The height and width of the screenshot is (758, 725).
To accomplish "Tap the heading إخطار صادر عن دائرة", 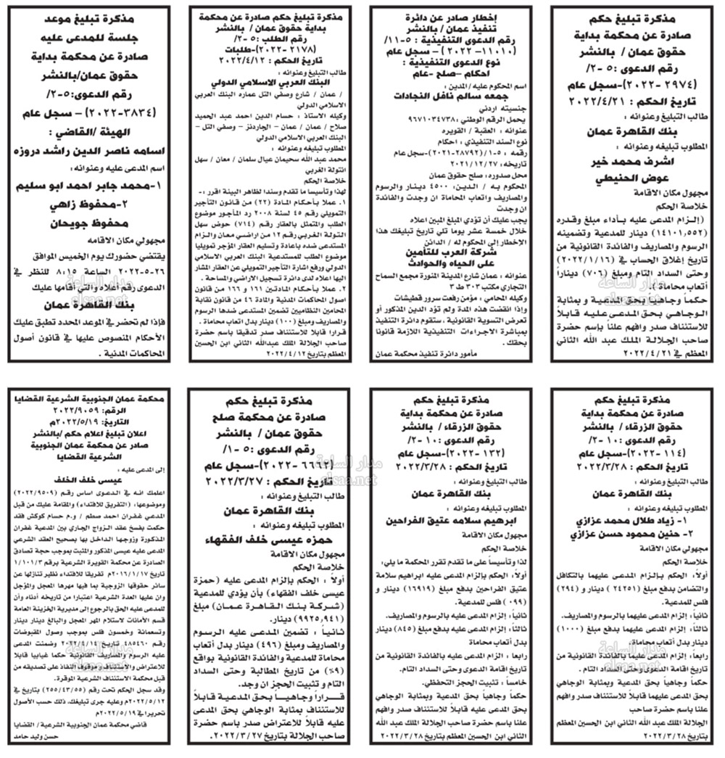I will (x=447, y=15).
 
